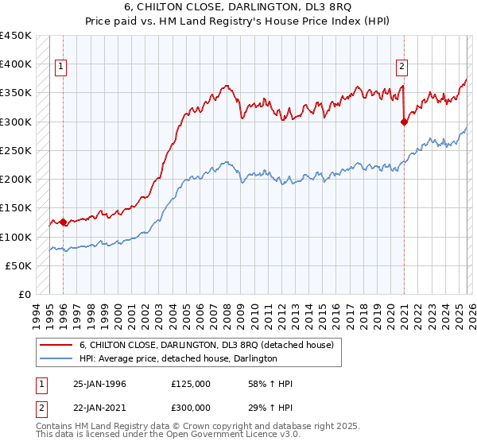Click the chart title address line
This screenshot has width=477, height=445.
coord(238,7)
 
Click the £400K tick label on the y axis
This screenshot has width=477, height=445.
coord(15,64)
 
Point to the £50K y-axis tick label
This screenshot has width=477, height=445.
coord(18,265)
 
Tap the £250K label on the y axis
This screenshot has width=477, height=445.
coord(15,150)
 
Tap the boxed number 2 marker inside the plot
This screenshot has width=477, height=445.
coord(402,67)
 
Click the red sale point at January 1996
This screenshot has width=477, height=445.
coord(64,222)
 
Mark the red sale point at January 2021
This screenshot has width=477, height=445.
coord(404,122)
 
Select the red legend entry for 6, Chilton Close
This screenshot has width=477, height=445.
coord(210,345)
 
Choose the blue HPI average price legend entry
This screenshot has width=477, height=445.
coord(177,359)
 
